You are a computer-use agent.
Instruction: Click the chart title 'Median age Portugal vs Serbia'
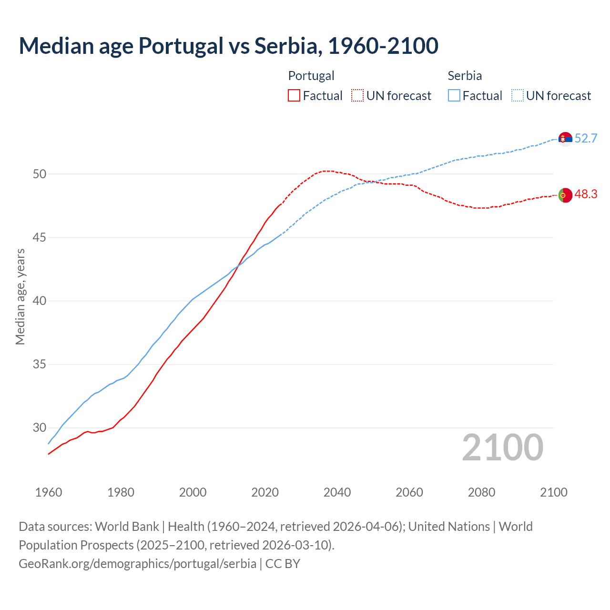tap(228, 46)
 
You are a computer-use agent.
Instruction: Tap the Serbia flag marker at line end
tap(565, 139)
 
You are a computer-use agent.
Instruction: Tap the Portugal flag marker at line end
tap(565, 195)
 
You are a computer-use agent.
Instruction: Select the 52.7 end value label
tap(586, 139)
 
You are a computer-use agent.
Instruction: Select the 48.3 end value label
tap(586, 194)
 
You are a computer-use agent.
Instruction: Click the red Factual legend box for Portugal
tap(294, 96)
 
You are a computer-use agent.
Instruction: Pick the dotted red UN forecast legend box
tap(357, 96)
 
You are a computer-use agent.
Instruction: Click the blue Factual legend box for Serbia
tap(454, 96)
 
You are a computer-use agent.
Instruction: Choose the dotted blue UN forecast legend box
tap(518, 96)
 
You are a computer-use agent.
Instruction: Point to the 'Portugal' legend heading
tap(311, 76)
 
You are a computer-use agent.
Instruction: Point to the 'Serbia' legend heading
tap(465, 76)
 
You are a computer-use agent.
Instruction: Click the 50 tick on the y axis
tap(40, 174)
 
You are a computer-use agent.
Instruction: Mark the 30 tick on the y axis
tap(40, 428)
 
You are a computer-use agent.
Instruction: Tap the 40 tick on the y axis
tap(40, 301)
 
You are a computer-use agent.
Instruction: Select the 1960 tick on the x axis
tap(49, 492)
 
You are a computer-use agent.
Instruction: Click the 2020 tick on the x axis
tap(265, 492)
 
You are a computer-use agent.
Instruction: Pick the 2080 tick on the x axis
tap(481, 492)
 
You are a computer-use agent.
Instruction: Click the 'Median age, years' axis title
tap(20, 296)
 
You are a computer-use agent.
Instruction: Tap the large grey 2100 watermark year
tap(502, 447)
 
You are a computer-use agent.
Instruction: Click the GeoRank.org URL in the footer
tap(137, 564)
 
